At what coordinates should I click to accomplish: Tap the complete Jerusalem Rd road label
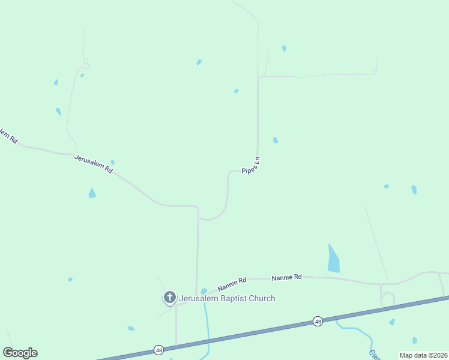[94, 164]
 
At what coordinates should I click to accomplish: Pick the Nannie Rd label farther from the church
[286, 277]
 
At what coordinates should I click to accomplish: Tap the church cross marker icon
[170, 297]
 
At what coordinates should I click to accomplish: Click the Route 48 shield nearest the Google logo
[158, 349]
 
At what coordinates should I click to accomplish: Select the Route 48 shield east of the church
[318, 322]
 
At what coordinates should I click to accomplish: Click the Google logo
[20, 353]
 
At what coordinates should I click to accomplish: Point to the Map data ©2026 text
[423, 355]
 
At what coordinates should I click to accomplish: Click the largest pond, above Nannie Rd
[333, 260]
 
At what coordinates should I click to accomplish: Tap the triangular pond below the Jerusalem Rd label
[92, 193]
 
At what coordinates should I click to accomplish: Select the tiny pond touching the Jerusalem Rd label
[112, 162]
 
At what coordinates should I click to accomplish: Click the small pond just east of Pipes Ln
[275, 140]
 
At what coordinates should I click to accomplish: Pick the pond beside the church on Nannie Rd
[203, 292]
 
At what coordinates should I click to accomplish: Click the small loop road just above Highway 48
[388, 299]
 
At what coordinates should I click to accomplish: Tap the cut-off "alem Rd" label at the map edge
[8, 136]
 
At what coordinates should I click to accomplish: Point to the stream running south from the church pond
[207, 324]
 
